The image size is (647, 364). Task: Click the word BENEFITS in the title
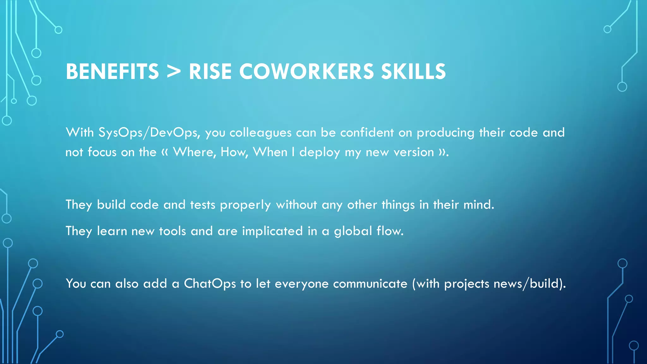pos(112,71)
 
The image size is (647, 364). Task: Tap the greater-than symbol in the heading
pos(174,71)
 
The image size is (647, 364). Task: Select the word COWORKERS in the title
pos(306,71)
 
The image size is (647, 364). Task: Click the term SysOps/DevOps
pos(149,133)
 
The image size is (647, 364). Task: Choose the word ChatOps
pos(210,284)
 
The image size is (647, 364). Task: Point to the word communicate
pos(370,284)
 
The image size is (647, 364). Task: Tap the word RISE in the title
pos(210,71)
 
